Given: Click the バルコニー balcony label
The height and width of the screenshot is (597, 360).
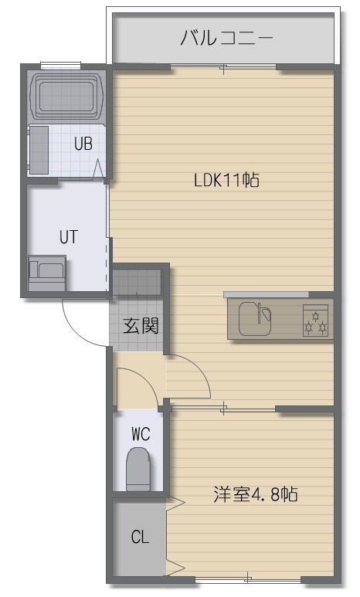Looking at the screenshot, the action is point(226,38).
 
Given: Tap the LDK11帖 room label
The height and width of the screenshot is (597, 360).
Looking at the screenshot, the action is point(226,180).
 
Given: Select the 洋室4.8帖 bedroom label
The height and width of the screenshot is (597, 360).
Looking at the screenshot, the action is point(255,494).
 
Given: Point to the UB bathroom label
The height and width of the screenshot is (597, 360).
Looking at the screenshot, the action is point(83,144).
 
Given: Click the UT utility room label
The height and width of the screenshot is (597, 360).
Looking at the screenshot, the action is point(69,237).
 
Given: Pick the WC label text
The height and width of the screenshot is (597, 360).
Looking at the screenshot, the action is point(141,434).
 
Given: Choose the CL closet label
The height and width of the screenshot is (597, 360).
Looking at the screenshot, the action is point(140,537).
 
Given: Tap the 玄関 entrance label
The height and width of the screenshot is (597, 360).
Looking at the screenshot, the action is point(141,326).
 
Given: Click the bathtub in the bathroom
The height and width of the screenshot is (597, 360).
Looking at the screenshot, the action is point(67,96).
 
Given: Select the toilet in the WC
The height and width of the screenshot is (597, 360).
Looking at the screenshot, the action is point(138,469).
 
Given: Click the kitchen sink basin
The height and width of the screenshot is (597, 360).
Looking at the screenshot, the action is point(254,319).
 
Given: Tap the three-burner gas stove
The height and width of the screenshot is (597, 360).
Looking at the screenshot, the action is point(315,321).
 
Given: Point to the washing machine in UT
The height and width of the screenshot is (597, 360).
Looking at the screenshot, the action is point(47,273).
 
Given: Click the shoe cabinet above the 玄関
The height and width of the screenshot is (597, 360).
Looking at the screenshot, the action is point(137,282).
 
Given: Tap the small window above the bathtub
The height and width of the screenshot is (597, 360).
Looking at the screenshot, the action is point(60,66).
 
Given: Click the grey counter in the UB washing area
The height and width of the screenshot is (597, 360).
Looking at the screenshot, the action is point(39,150).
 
